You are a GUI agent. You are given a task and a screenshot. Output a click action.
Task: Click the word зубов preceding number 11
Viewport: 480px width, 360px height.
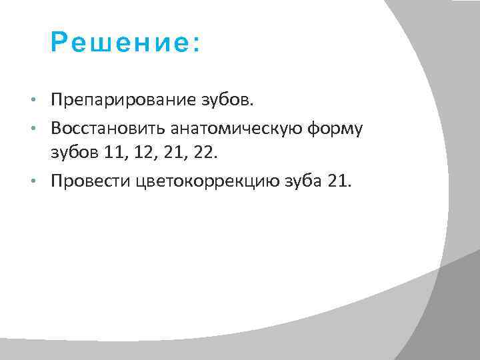click(x=76, y=153)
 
